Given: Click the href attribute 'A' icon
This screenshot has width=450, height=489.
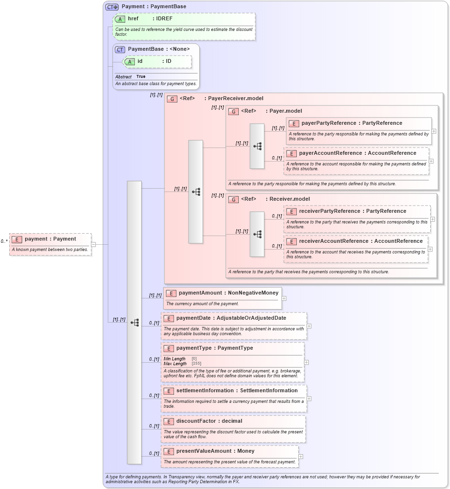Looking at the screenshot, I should [120, 19].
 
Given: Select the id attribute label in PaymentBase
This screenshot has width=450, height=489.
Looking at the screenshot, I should [140, 61].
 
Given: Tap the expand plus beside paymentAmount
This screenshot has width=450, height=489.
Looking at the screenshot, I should [284, 298].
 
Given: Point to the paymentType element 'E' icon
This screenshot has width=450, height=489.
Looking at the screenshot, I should [168, 348].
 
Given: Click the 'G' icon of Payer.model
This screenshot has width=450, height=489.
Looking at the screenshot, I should [233, 111].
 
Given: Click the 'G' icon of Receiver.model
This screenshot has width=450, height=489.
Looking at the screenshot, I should [233, 199].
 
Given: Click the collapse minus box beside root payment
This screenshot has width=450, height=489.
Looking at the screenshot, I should [93, 244].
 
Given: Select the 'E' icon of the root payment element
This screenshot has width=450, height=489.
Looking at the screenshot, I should [17, 239].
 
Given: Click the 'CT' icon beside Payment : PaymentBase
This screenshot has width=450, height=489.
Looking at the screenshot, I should [112, 7].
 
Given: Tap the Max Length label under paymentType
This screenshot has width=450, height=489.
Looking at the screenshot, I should [175, 363].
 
